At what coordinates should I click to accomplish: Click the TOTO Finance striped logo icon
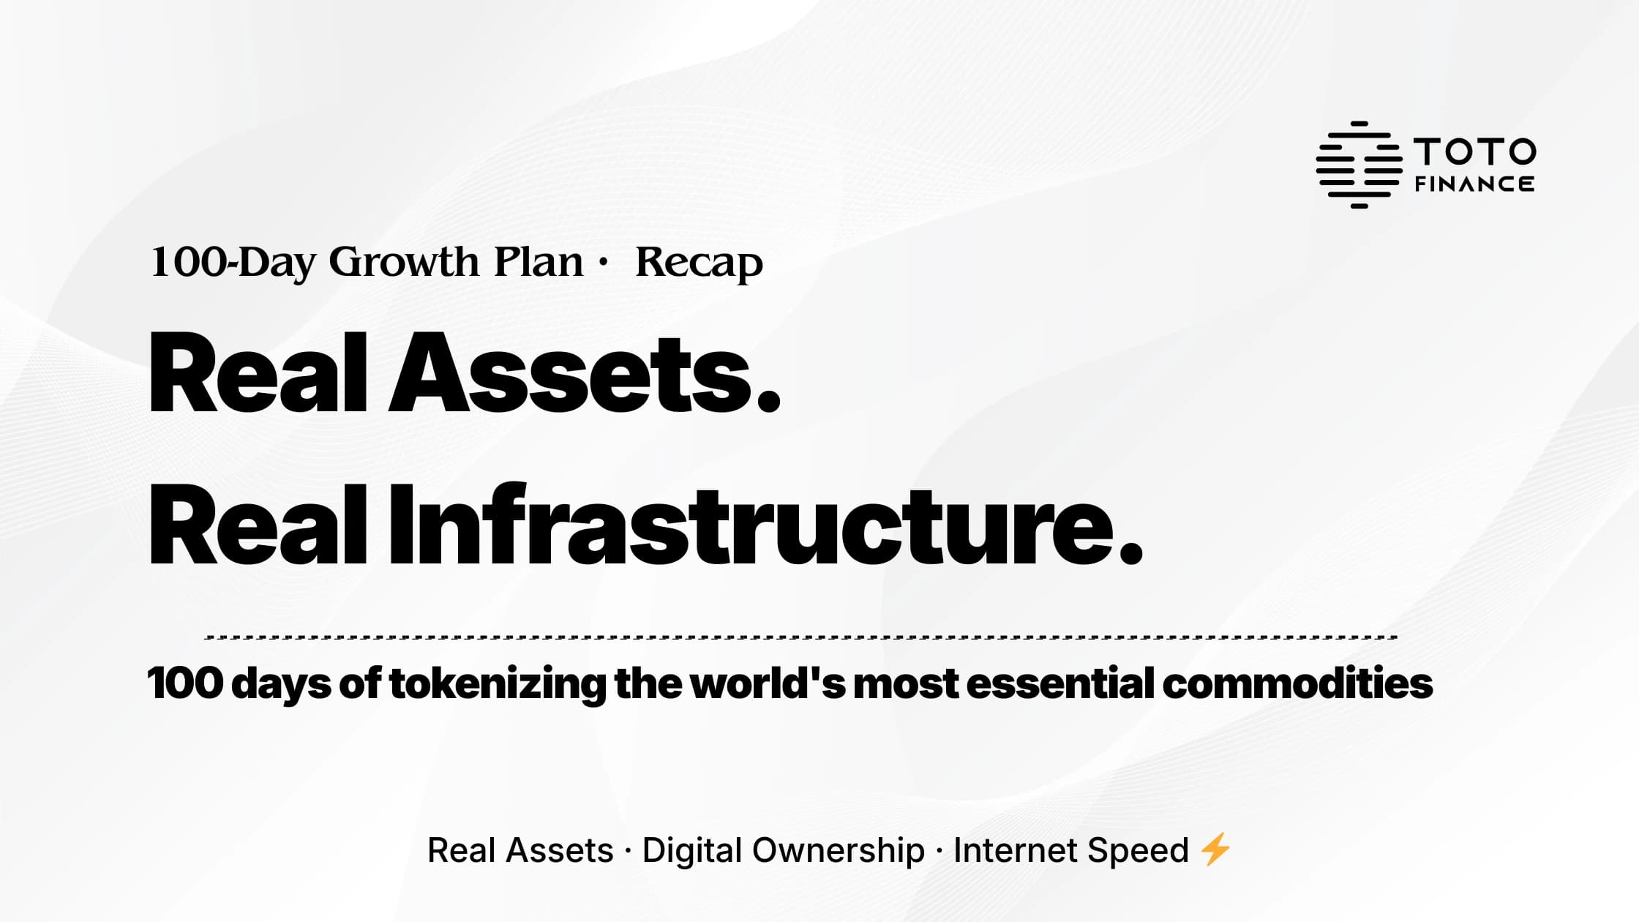(x=1359, y=165)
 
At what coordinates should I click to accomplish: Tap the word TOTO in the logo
(x=1474, y=151)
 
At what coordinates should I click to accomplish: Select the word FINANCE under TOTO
(x=1474, y=184)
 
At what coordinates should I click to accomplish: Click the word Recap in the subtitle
(x=699, y=262)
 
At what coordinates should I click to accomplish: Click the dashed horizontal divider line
(x=801, y=637)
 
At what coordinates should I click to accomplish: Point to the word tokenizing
(x=498, y=684)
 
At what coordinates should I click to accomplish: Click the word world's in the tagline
(x=768, y=683)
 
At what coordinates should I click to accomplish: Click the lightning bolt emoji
(x=1215, y=850)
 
